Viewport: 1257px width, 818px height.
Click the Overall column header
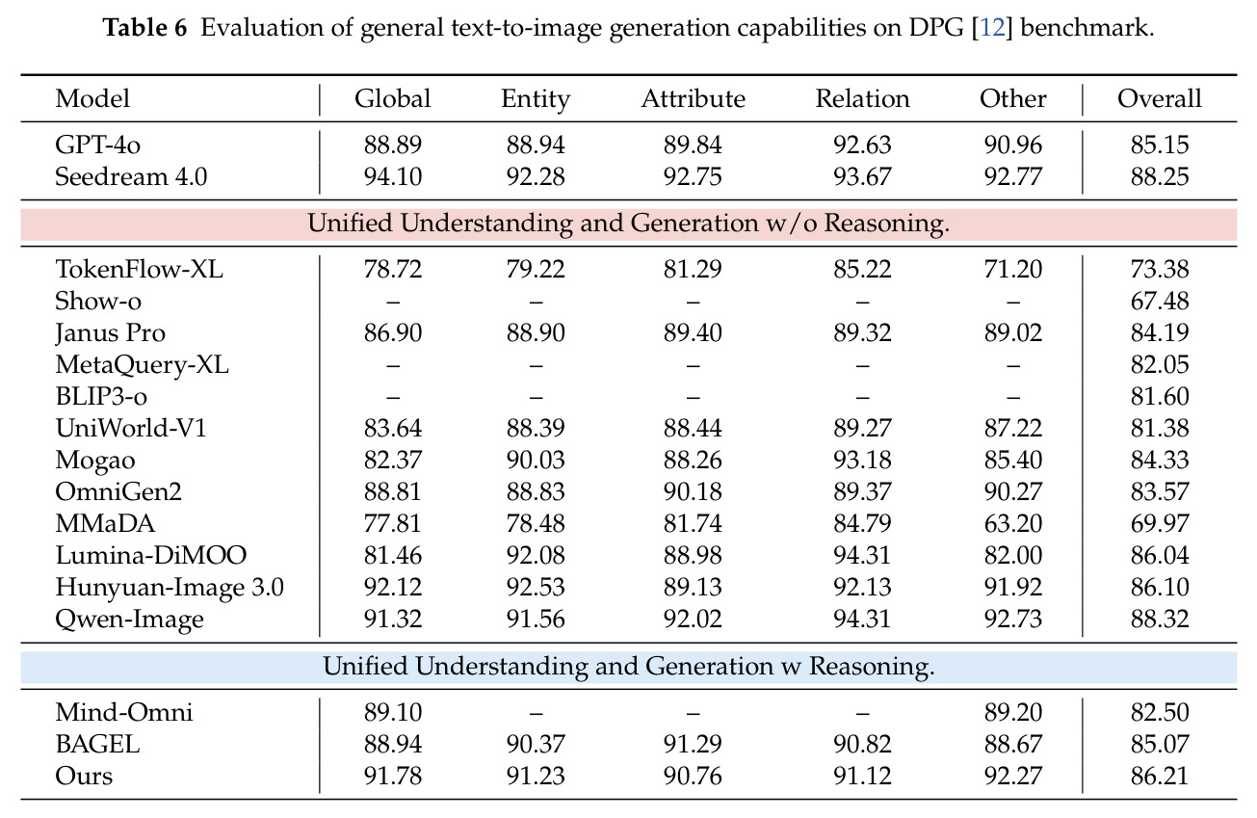(x=1160, y=99)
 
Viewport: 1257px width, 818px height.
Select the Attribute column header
(x=693, y=99)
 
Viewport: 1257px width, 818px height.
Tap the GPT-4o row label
(x=97, y=145)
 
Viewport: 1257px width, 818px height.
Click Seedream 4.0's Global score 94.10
(x=392, y=177)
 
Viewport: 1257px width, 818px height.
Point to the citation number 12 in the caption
(x=991, y=28)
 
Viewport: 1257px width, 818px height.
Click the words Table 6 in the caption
(x=144, y=28)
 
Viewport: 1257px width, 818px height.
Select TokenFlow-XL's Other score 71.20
(x=1013, y=269)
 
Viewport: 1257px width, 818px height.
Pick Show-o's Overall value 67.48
(x=1160, y=301)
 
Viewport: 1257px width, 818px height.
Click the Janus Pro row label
(x=110, y=333)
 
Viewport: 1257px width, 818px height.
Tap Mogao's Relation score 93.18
(x=862, y=461)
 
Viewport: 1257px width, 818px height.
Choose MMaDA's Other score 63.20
(x=1013, y=524)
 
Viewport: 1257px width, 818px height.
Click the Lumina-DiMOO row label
(x=151, y=556)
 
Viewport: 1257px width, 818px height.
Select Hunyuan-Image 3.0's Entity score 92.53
(x=536, y=588)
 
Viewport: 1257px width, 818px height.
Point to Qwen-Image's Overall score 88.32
(x=1160, y=620)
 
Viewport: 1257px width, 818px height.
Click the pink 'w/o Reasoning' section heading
(x=628, y=224)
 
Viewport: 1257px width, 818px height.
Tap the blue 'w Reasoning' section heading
(x=628, y=667)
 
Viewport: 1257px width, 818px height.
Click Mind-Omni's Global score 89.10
(x=392, y=712)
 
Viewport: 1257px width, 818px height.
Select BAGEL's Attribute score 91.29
(x=693, y=745)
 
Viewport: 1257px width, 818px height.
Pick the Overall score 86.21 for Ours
(x=1160, y=777)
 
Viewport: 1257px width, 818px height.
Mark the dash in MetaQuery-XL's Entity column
(x=536, y=366)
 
